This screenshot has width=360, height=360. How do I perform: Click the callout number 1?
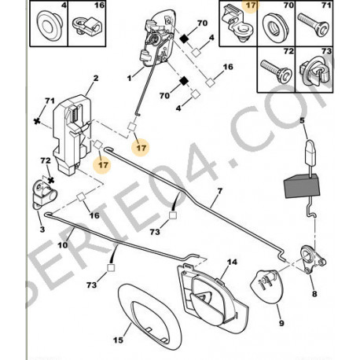click(129, 78)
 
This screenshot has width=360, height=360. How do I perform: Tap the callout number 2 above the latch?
click(96, 78)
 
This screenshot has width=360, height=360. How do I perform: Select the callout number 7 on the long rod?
click(219, 191)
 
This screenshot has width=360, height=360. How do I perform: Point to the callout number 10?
click(63, 245)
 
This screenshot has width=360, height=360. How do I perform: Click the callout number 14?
click(232, 262)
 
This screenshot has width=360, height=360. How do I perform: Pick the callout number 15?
click(118, 340)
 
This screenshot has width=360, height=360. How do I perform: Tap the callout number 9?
click(281, 323)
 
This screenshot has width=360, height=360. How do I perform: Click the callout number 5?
click(302, 120)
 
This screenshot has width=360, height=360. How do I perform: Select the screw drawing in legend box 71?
click(314, 24)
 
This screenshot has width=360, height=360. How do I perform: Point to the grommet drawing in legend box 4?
click(50, 26)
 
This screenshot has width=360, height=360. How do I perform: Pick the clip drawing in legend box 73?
click(316, 72)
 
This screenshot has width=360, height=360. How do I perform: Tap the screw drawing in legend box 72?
click(277, 71)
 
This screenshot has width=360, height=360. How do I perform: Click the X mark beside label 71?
click(38, 121)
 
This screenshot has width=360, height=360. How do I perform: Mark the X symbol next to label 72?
click(51, 180)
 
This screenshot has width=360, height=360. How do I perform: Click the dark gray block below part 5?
click(302, 186)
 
